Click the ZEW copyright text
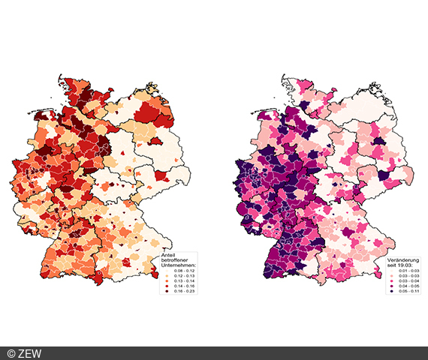[x=24, y=353]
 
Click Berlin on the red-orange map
[x=157, y=140]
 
